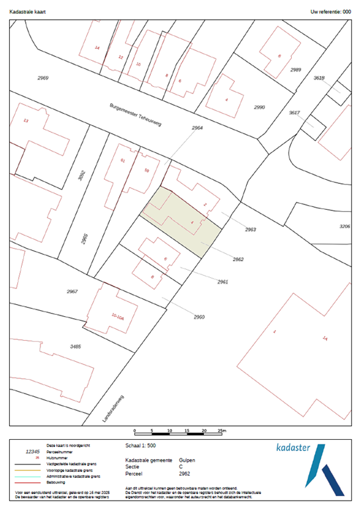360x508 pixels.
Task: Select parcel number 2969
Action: point(43,78)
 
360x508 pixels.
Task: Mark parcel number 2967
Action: point(72,292)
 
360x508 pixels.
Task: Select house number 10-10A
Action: point(118,317)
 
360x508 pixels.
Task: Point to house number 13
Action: point(26,121)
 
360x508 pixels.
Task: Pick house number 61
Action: point(123,161)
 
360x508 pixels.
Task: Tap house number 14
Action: point(97,48)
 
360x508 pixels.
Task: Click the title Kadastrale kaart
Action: point(27,12)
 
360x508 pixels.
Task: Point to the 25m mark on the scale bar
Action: point(222,430)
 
